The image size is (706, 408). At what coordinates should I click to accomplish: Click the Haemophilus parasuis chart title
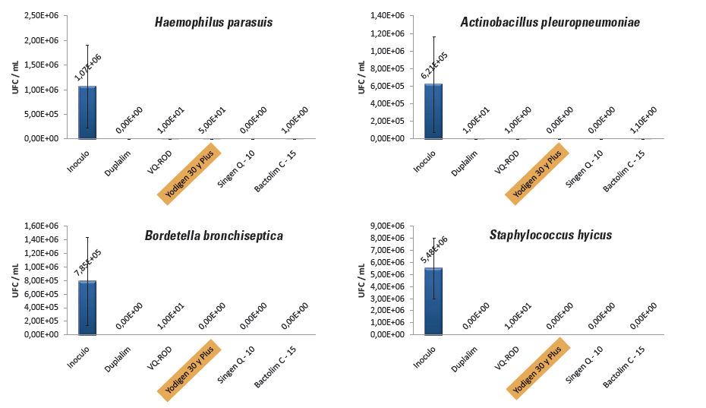coord(213,22)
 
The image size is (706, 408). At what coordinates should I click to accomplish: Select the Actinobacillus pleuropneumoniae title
coord(550,22)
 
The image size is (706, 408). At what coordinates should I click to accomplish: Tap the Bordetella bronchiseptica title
coord(213,236)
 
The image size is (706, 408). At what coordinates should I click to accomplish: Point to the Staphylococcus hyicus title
coord(550,235)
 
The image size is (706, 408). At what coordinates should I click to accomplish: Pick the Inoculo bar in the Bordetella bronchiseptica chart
coord(87,308)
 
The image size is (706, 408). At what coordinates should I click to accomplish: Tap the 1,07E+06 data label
coord(88,67)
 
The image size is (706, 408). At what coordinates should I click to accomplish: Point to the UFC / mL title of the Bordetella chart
coord(15,279)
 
